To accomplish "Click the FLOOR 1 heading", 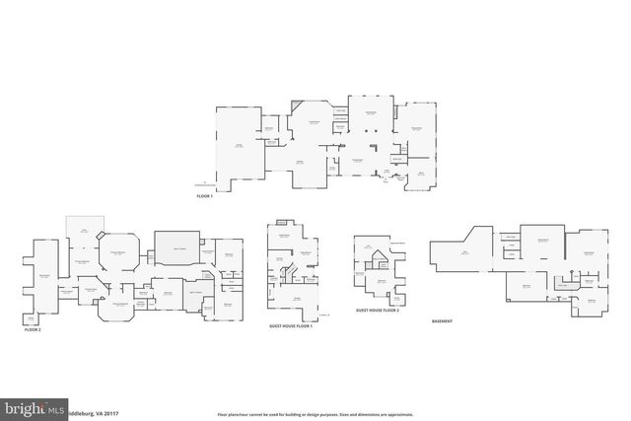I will click(x=204, y=196).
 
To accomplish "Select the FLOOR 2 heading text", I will click(x=34, y=330).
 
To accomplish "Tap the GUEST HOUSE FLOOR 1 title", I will click(x=291, y=326).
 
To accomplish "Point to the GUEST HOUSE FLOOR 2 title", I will click(x=377, y=310).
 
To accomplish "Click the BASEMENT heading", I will click(x=444, y=321).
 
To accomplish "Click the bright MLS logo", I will click(x=34, y=405).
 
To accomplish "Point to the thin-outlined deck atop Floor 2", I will click(x=83, y=229).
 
